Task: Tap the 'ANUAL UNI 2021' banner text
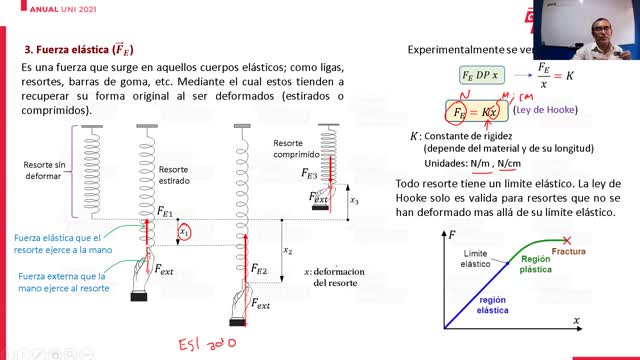[35, 8]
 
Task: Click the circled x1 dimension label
[184, 233]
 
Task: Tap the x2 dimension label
[288, 251]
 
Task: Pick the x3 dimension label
[354, 200]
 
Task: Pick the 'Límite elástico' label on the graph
[475, 259]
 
